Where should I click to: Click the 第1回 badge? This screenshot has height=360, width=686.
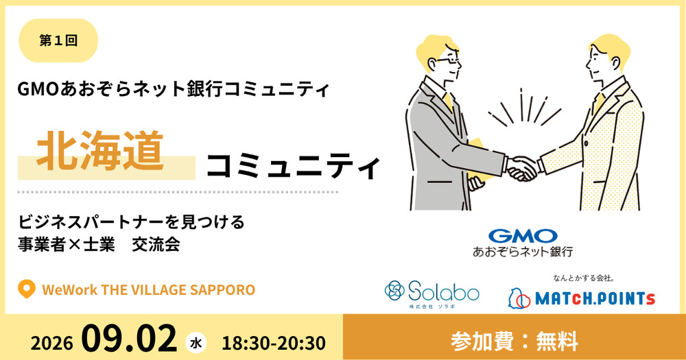[x=58, y=40]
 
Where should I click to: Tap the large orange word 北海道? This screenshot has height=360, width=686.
[x=100, y=151]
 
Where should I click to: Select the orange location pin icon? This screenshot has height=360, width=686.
[x=26, y=289]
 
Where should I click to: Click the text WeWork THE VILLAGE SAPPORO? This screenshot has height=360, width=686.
[x=149, y=290]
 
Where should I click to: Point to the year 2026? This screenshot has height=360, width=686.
[x=51, y=343]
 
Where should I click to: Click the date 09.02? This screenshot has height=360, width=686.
[x=129, y=339]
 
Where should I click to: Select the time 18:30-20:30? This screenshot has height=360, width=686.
[x=274, y=344]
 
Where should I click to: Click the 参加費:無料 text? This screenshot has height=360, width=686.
[x=514, y=341]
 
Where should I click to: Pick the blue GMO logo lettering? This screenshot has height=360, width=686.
[x=523, y=236]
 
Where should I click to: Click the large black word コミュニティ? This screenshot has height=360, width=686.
[x=293, y=167]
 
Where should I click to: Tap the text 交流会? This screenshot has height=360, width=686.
[x=156, y=245]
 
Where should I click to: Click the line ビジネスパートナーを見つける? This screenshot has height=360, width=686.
[x=131, y=221]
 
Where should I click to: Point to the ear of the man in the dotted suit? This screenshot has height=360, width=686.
[x=615, y=64]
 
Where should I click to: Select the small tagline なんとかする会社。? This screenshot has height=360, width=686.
[x=584, y=278]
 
